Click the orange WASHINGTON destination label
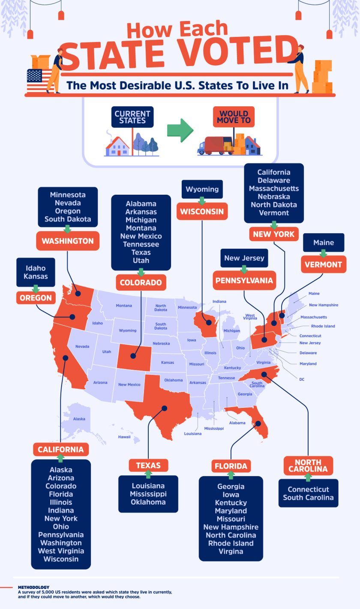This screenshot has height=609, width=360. (x=68, y=241)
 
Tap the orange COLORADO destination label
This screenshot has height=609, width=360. (x=141, y=283)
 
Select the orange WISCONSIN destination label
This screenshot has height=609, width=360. (x=202, y=211)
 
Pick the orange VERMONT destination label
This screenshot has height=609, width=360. (x=324, y=265)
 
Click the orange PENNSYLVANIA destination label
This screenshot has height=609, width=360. (x=244, y=280)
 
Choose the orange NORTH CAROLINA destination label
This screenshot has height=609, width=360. (x=308, y=465)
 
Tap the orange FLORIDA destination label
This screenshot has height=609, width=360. (x=231, y=466)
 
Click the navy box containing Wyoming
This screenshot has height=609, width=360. (x=202, y=189)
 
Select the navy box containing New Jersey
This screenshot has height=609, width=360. (x=244, y=258)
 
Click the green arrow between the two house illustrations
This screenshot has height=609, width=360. (x=180, y=130)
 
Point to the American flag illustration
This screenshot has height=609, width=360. (x=39, y=80)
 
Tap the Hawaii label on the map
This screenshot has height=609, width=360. (x=124, y=437)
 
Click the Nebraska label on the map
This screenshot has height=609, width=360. (x=161, y=344)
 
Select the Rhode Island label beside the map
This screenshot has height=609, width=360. (x=323, y=326)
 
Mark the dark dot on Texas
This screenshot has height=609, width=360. (x=164, y=409)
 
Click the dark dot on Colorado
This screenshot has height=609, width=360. (x=133, y=356)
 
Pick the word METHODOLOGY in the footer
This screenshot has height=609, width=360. (x=33, y=587)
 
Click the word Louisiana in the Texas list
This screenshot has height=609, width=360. (x=148, y=486)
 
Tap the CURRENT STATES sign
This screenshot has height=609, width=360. (x=132, y=117)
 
